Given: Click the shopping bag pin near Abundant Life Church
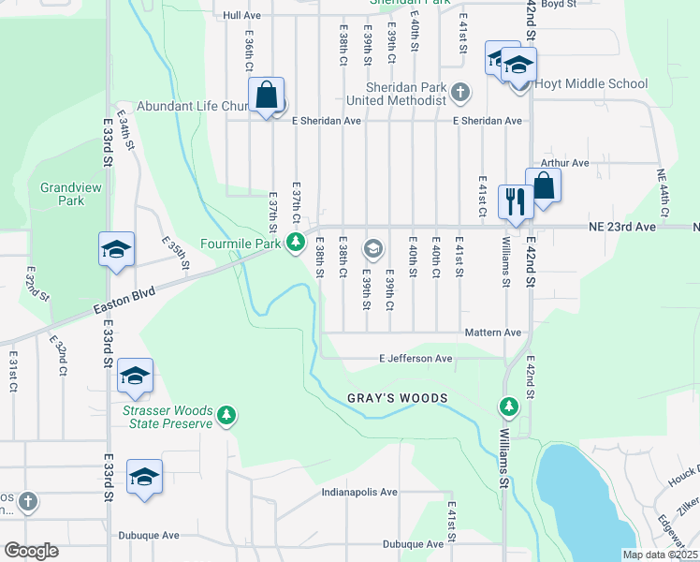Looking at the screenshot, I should (x=267, y=96).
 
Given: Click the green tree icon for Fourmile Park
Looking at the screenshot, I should (x=297, y=244).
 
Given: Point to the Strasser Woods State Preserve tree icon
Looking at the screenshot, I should (x=226, y=415).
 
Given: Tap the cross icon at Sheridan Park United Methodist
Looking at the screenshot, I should (x=459, y=92).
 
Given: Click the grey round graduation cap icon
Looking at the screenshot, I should (x=373, y=248).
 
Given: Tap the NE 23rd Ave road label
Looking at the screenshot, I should (x=622, y=227).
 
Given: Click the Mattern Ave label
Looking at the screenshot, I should (x=493, y=333).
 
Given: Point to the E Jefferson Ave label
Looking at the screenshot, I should (x=416, y=358).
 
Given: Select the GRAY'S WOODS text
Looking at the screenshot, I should (x=398, y=398).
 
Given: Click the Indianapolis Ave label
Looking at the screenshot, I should (x=359, y=492).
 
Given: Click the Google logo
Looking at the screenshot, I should (x=31, y=550).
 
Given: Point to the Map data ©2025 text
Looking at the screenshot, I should (x=659, y=555).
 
